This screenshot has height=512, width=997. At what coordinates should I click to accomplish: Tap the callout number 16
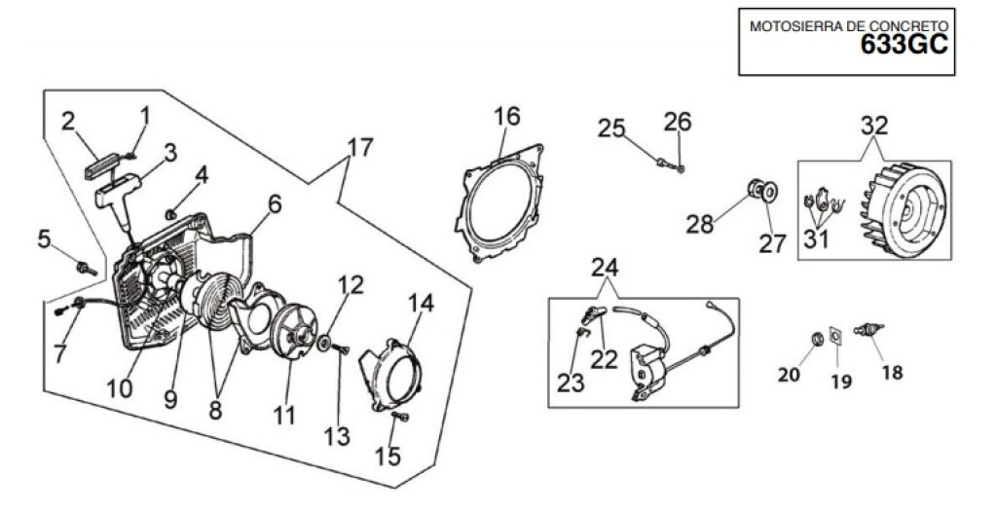(506, 116)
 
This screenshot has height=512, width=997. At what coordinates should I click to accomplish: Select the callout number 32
(873, 126)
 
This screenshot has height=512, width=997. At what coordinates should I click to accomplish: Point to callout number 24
(604, 268)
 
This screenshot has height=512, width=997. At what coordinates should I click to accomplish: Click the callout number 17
(360, 148)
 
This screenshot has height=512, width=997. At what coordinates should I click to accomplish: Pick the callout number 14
(421, 304)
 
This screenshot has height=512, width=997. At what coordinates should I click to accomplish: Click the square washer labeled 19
(834, 335)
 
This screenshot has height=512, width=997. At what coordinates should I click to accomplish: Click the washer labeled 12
(323, 344)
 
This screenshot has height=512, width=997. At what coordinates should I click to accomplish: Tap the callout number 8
(215, 411)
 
